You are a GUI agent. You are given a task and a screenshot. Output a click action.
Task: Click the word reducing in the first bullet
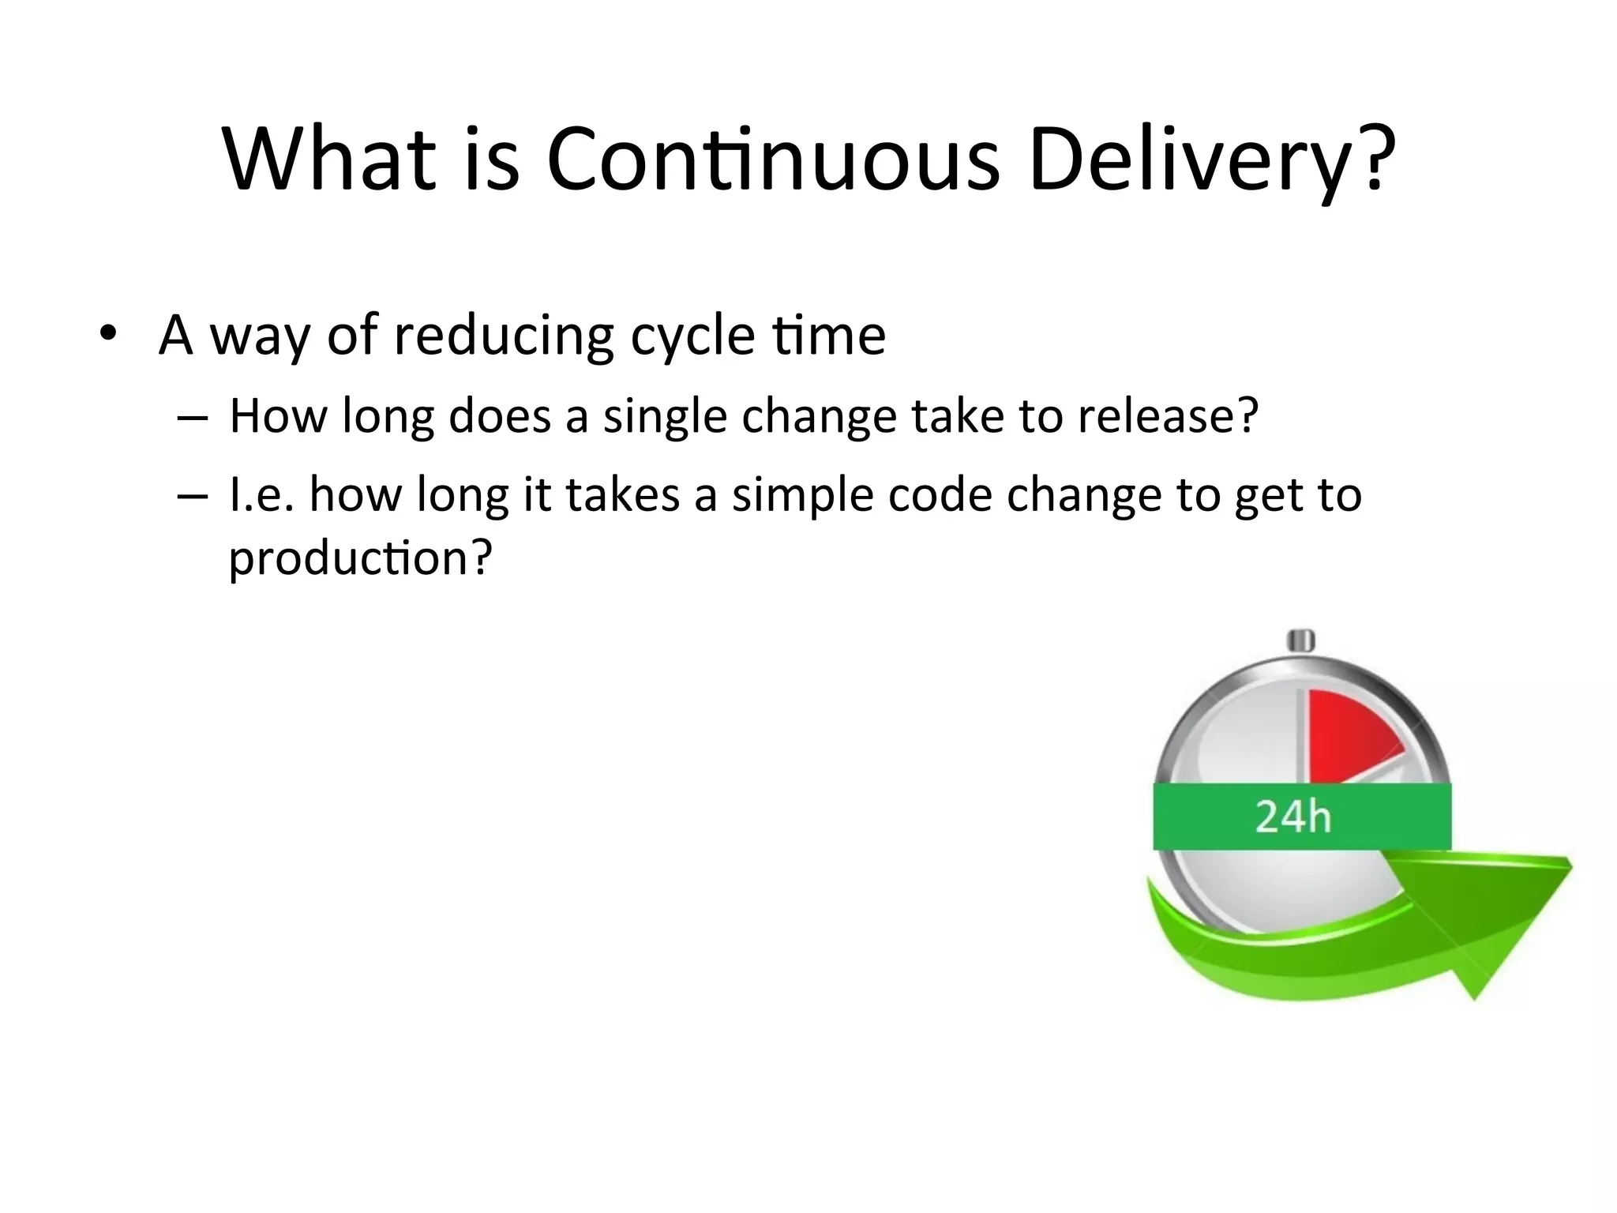(x=504, y=336)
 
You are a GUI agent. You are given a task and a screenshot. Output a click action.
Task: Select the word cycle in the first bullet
(x=692, y=336)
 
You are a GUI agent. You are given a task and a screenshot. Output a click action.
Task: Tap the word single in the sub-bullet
(x=664, y=416)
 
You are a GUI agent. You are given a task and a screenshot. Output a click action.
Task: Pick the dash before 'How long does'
(x=192, y=417)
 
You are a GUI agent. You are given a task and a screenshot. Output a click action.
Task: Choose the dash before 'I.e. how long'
(x=192, y=496)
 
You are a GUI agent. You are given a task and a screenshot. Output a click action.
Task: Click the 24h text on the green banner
(x=1292, y=817)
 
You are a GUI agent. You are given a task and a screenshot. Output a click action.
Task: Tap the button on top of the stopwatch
(x=1300, y=640)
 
